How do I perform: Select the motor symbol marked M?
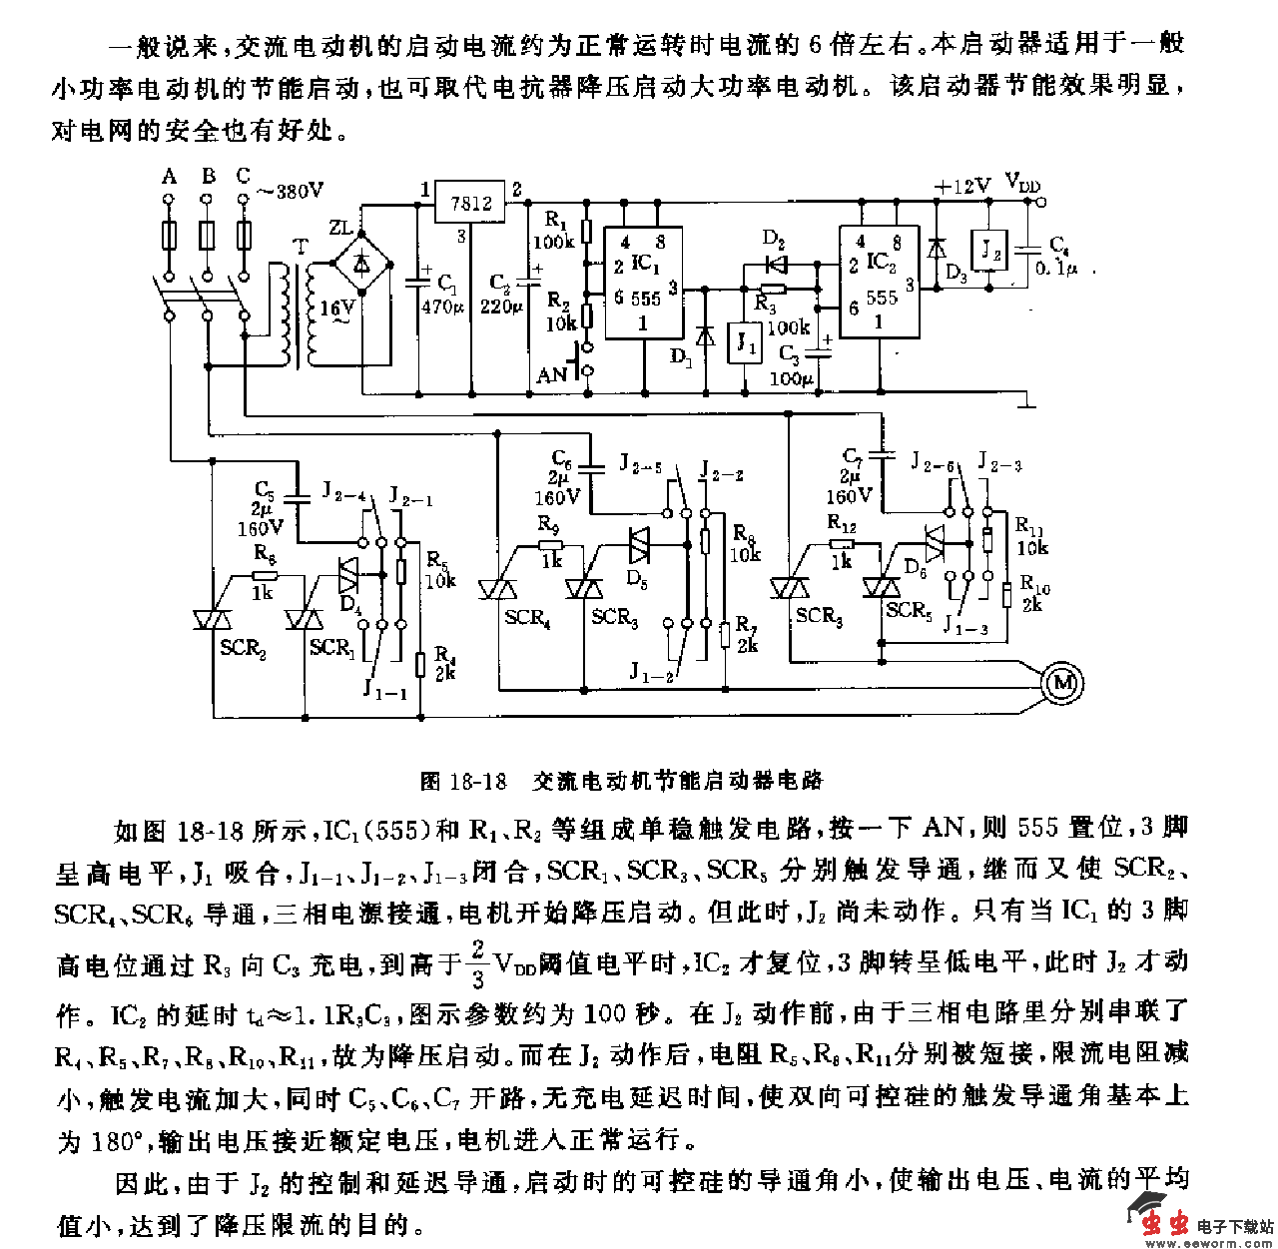(1061, 682)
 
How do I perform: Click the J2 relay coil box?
(989, 250)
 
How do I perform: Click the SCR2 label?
(243, 649)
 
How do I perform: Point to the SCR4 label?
(527, 618)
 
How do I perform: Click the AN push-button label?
(551, 375)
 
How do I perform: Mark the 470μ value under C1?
(442, 307)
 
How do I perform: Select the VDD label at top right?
(1022, 183)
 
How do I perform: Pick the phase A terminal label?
(169, 177)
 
